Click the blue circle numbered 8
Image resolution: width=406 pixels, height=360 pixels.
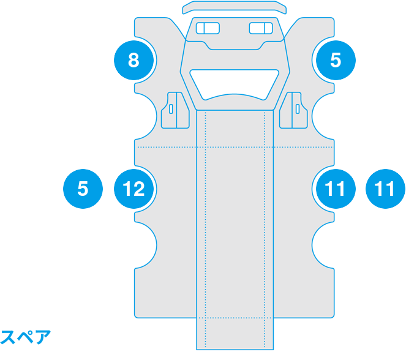click(133, 60)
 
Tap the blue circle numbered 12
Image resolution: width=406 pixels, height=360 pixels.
click(133, 189)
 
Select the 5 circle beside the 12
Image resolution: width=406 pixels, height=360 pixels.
click(83, 189)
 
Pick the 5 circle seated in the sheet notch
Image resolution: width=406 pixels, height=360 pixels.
click(336, 60)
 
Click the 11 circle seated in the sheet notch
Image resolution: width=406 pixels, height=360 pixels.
click(336, 189)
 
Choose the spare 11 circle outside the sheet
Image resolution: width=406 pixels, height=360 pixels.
click(385, 189)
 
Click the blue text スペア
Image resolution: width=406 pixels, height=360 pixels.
click(25, 337)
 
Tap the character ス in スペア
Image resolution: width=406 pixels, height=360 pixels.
click(8, 337)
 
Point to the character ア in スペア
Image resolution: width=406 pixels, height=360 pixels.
click(43, 337)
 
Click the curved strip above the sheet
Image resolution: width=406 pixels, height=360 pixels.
click(235, 7)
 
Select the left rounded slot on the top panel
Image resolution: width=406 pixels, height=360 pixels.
click(208, 28)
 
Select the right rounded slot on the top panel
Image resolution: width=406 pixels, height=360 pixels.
click(261, 28)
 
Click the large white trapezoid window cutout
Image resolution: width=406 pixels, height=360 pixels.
click(235, 84)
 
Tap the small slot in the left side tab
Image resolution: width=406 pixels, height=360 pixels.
click(171, 109)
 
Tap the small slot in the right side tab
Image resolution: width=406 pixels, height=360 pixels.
click(298, 109)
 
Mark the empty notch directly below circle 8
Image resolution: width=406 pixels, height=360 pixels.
click(146, 116)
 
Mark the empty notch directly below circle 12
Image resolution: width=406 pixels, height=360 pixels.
click(146, 245)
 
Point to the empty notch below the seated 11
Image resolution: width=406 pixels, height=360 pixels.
click(323, 245)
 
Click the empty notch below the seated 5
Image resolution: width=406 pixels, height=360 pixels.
click(323, 116)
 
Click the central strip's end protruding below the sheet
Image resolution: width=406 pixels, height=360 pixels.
click(235, 334)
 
